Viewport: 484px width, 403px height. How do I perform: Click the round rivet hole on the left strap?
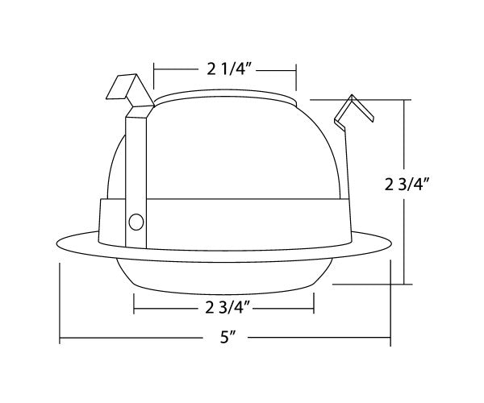(x=136, y=221)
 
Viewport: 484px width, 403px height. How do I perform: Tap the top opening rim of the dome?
(x=225, y=98)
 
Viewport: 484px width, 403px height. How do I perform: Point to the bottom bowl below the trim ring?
(x=225, y=274)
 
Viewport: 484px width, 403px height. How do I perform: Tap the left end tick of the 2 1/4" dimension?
(x=154, y=77)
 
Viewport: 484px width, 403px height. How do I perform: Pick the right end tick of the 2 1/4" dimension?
(x=296, y=77)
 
